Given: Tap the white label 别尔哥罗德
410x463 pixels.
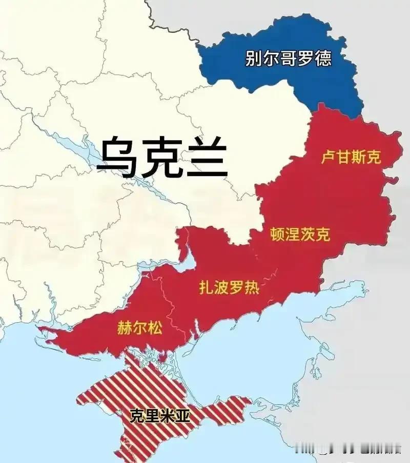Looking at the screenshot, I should tap(288, 57).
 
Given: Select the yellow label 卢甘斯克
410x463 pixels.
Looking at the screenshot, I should tap(351, 157).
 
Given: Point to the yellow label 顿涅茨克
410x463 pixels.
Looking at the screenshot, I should tap(300, 235).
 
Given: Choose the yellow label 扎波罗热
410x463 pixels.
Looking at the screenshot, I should tap(229, 288).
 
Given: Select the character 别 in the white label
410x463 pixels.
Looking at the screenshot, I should tap(254, 57).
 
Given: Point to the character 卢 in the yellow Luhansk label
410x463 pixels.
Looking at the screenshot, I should tap(329, 157).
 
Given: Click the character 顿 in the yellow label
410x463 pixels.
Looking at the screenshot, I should tap(277, 235).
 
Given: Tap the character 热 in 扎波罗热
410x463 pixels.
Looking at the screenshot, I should tap(252, 288).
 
